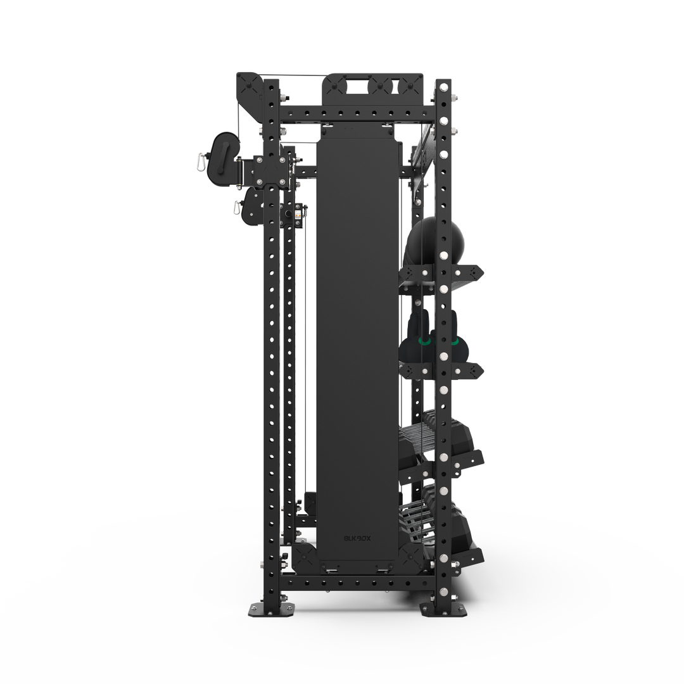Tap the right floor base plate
(444, 609)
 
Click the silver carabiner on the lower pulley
(236, 207)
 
